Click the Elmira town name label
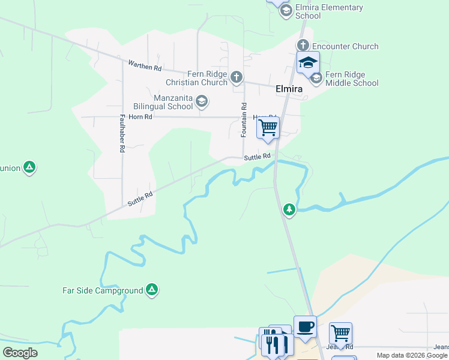point(288,89)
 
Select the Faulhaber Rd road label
point(122,133)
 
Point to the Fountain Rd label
point(244,120)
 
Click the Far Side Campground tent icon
point(152,290)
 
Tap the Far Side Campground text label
point(103,291)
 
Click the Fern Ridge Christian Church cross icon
point(237,76)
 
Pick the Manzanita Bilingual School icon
point(202,101)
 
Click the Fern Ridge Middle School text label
point(352,79)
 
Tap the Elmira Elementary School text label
point(329,11)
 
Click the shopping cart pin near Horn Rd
point(268,127)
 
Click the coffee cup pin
point(305,326)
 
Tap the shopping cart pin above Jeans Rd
point(340,333)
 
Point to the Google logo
point(20,353)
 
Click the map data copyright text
point(412,355)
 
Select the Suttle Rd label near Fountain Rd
point(258,157)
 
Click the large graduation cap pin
point(308,62)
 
